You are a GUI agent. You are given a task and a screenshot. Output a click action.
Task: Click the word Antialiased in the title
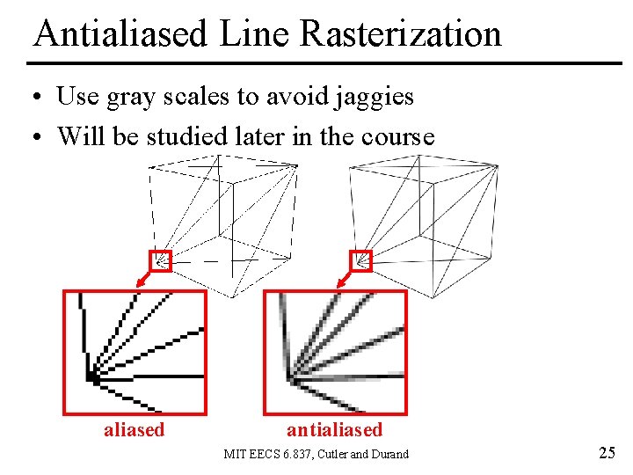[120, 33]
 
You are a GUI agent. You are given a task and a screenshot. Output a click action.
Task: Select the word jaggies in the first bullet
[374, 96]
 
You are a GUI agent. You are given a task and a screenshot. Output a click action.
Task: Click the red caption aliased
[134, 430]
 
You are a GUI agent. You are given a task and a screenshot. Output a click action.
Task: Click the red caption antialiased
[334, 430]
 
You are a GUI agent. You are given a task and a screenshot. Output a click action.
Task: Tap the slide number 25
[607, 454]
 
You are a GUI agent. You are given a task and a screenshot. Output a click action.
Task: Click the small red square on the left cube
[161, 260]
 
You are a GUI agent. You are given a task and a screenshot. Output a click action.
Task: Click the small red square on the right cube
[361, 260]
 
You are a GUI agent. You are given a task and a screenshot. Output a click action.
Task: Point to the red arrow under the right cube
[344, 279]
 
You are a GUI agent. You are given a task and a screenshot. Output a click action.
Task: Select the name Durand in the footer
[389, 455]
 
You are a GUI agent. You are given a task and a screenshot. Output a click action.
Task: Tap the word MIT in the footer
[234, 455]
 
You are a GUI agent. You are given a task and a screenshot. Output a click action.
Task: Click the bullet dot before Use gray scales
[40, 97]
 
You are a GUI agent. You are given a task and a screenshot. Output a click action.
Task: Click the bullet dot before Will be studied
[40, 137]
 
